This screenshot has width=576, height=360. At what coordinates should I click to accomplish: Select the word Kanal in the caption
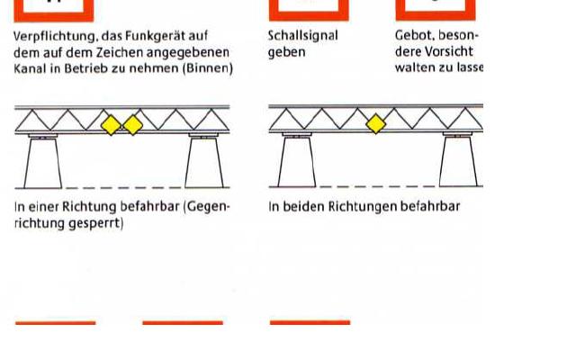click(x=31, y=68)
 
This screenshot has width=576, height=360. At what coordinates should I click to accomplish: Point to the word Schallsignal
click(x=303, y=37)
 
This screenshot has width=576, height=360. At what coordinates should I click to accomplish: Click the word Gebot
click(x=416, y=37)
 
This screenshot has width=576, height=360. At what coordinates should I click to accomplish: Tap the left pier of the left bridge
click(x=43, y=163)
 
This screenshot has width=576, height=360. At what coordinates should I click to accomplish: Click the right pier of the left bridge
click(x=204, y=163)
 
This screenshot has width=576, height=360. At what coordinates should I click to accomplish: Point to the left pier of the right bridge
click(x=298, y=163)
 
